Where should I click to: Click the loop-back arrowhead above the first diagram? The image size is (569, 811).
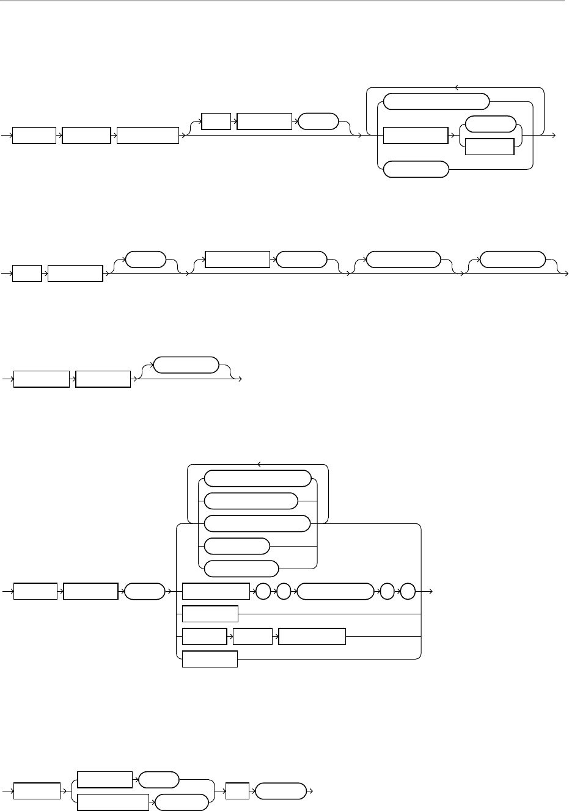[x=457, y=87]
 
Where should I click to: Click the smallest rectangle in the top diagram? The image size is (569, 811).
[x=216, y=121]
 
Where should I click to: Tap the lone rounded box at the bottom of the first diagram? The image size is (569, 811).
[x=416, y=170]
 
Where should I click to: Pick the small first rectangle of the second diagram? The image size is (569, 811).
[x=27, y=273]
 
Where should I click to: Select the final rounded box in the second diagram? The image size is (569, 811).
[x=512, y=259]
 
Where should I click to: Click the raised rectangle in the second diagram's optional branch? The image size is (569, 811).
[x=237, y=259]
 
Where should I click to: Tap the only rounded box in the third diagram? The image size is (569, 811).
[x=185, y=365]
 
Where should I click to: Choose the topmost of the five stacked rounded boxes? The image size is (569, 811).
[x=257, y=478]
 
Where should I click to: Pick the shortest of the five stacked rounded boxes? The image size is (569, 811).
[x=236, y=546]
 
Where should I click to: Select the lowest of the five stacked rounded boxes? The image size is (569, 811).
[x=241, y=569]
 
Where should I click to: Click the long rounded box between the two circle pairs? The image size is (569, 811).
[x=334, y=591]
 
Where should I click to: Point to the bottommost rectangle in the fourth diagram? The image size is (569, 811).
[x=210, y=659]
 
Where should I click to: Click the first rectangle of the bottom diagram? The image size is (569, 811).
[x=37, y=791]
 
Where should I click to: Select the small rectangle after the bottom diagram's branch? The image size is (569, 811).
[x=237, y=791]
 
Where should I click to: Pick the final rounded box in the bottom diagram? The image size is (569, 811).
[x=280, y=791]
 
